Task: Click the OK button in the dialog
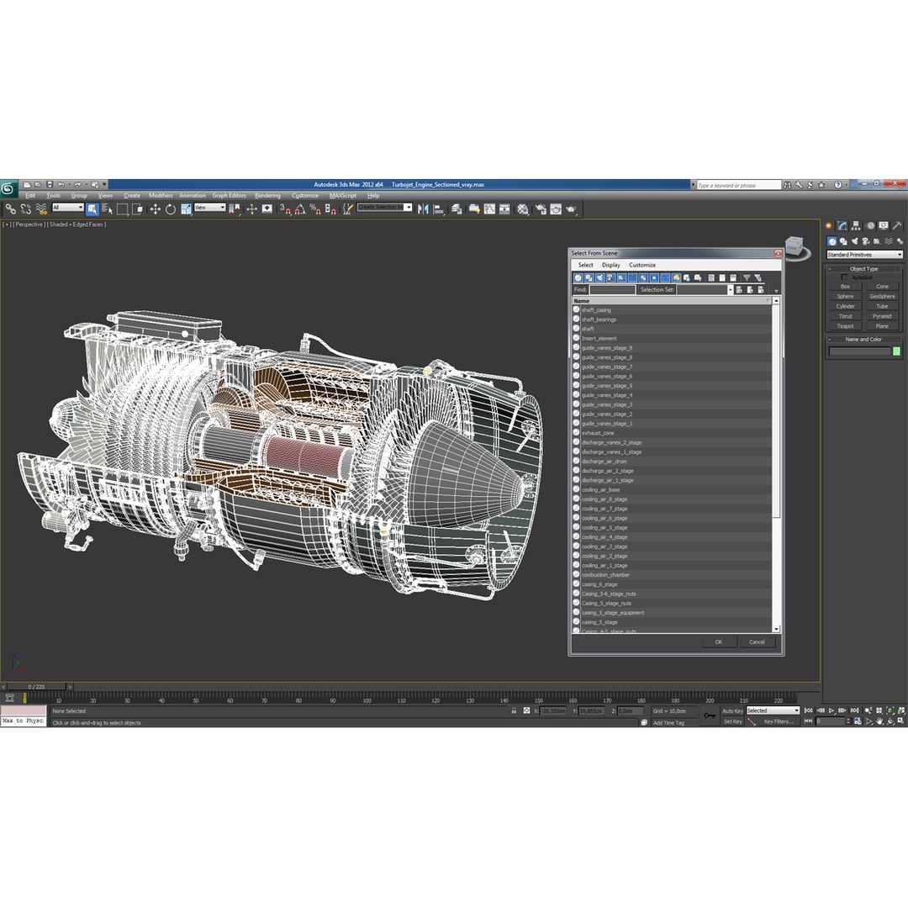coord(719,641)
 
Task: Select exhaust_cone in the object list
coord(598,433)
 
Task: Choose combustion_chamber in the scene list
coord(605,575)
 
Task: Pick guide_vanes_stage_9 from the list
coord(606,348)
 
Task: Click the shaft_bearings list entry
coord(599,319)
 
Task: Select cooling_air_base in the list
coord(600,490)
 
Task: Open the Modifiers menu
coord(161,196)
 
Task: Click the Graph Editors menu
coord(229,196)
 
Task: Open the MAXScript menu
coord(343,196)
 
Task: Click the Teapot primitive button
coord(845,326)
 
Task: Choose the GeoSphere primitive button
coord(882,296)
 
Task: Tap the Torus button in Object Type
coord(845,316)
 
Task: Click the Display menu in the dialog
coord(610,265)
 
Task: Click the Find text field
coord(612,290)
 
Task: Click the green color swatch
coord(896,351)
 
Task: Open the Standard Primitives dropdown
coord(864,255)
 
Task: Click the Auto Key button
coord(732,710)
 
